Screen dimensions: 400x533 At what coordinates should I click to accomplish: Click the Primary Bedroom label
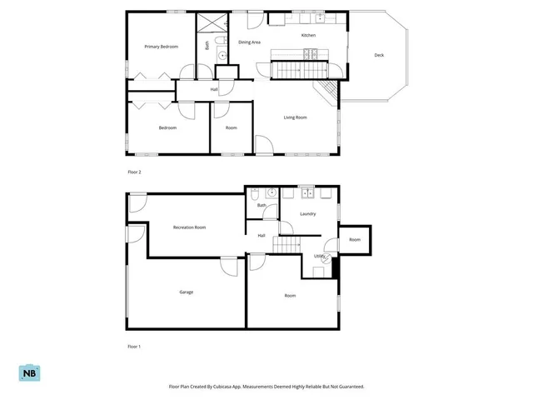(x=161, y=47)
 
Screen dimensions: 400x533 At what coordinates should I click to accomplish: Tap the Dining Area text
(x=250, y=41)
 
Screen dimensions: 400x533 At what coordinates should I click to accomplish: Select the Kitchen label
(x=308, y=36)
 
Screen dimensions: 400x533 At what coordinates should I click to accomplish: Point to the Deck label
(x=379, y=55)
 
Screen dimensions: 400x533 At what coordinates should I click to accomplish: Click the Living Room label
(x=295, y=117)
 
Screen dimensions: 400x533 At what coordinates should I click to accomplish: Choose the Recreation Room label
(x=189, y=227)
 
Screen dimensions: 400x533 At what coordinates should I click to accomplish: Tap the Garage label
(x=187, y=292)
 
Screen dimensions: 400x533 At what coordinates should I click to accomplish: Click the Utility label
(x=319, y=256)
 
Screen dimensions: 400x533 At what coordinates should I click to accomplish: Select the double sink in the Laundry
(x=306, y=194)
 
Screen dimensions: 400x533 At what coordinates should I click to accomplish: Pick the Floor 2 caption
(x=134, y=172)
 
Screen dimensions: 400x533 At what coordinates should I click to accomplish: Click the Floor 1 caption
(x=134, y=346)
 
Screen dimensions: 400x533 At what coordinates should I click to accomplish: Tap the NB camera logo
(x=29, y=374)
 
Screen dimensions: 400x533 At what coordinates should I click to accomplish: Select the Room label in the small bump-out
(x=356, y=240)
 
